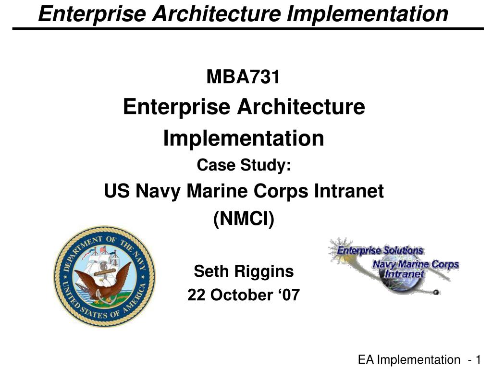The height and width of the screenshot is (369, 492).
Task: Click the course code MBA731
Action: [243, 76]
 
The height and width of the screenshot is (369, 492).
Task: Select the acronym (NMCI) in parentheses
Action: [244, 220]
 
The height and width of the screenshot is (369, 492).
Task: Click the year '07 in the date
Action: [286, 295]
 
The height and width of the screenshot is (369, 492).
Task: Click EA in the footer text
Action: [367, 359]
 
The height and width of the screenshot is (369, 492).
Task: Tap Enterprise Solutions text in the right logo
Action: [380, 250]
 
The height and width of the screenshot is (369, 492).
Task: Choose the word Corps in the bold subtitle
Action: [284, 192]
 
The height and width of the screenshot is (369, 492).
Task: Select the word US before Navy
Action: [115, 192]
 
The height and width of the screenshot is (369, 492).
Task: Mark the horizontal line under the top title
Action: [248, 29]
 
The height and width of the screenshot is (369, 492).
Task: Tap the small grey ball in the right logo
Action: [435, 292]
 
